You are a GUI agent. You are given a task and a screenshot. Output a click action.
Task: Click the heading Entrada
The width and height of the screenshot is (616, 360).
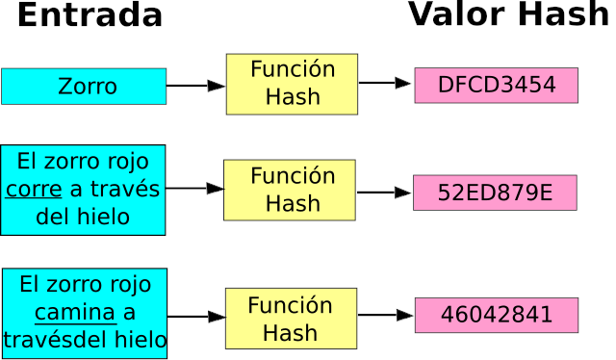pyautogui.click(x=90, y=16)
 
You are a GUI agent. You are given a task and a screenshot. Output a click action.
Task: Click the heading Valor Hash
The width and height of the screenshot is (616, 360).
pyautogui.click(x=508, y=15)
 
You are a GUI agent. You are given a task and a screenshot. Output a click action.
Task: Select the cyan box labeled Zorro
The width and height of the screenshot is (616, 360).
pyautogui.click(x=84, y=87)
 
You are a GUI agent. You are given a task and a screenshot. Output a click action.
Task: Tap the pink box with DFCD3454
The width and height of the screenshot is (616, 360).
pyautogui.click(x=496, y=85)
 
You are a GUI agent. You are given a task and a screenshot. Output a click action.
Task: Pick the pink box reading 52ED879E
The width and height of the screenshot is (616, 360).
pyautogui.click(x=495, y=193)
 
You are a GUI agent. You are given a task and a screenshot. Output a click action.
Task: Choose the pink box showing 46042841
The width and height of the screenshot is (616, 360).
pyautogui.click(x=496, y=315)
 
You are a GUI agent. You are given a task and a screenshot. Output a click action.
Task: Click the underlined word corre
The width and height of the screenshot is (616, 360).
pyautogui.click(x=34, y=189)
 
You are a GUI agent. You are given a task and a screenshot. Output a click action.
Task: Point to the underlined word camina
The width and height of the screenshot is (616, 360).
pyautogui.click(x=75, y=313)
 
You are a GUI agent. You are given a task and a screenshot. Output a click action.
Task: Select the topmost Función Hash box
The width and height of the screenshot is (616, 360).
pyautogui.click(x=292, y=84)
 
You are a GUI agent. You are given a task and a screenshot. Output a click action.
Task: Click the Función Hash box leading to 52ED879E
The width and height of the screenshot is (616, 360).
pyautogui.click(x=290, y=190)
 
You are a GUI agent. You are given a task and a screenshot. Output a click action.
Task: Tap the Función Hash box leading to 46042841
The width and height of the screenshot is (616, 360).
pyautogui.click(x=291, y=319)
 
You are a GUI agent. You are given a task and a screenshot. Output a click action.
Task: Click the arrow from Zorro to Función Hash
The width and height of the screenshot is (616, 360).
pyautogui.click(x=195, y=86)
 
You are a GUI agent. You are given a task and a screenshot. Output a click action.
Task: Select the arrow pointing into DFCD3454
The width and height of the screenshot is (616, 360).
pyautogui.click(x=385, y=84)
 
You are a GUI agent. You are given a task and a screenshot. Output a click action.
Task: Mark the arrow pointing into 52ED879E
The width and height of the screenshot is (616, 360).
pyautogui.click(x=384, y=193)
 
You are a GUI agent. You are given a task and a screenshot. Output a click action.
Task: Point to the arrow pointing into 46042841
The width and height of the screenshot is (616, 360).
pyautogui.click(x=385, y=315)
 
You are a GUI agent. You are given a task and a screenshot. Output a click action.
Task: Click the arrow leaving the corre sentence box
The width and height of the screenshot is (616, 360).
pyautogui.click(x=194, y=189)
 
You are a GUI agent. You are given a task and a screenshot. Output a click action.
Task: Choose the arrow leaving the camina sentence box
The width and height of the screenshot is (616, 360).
pyautogui.click(x=196, y=316)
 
